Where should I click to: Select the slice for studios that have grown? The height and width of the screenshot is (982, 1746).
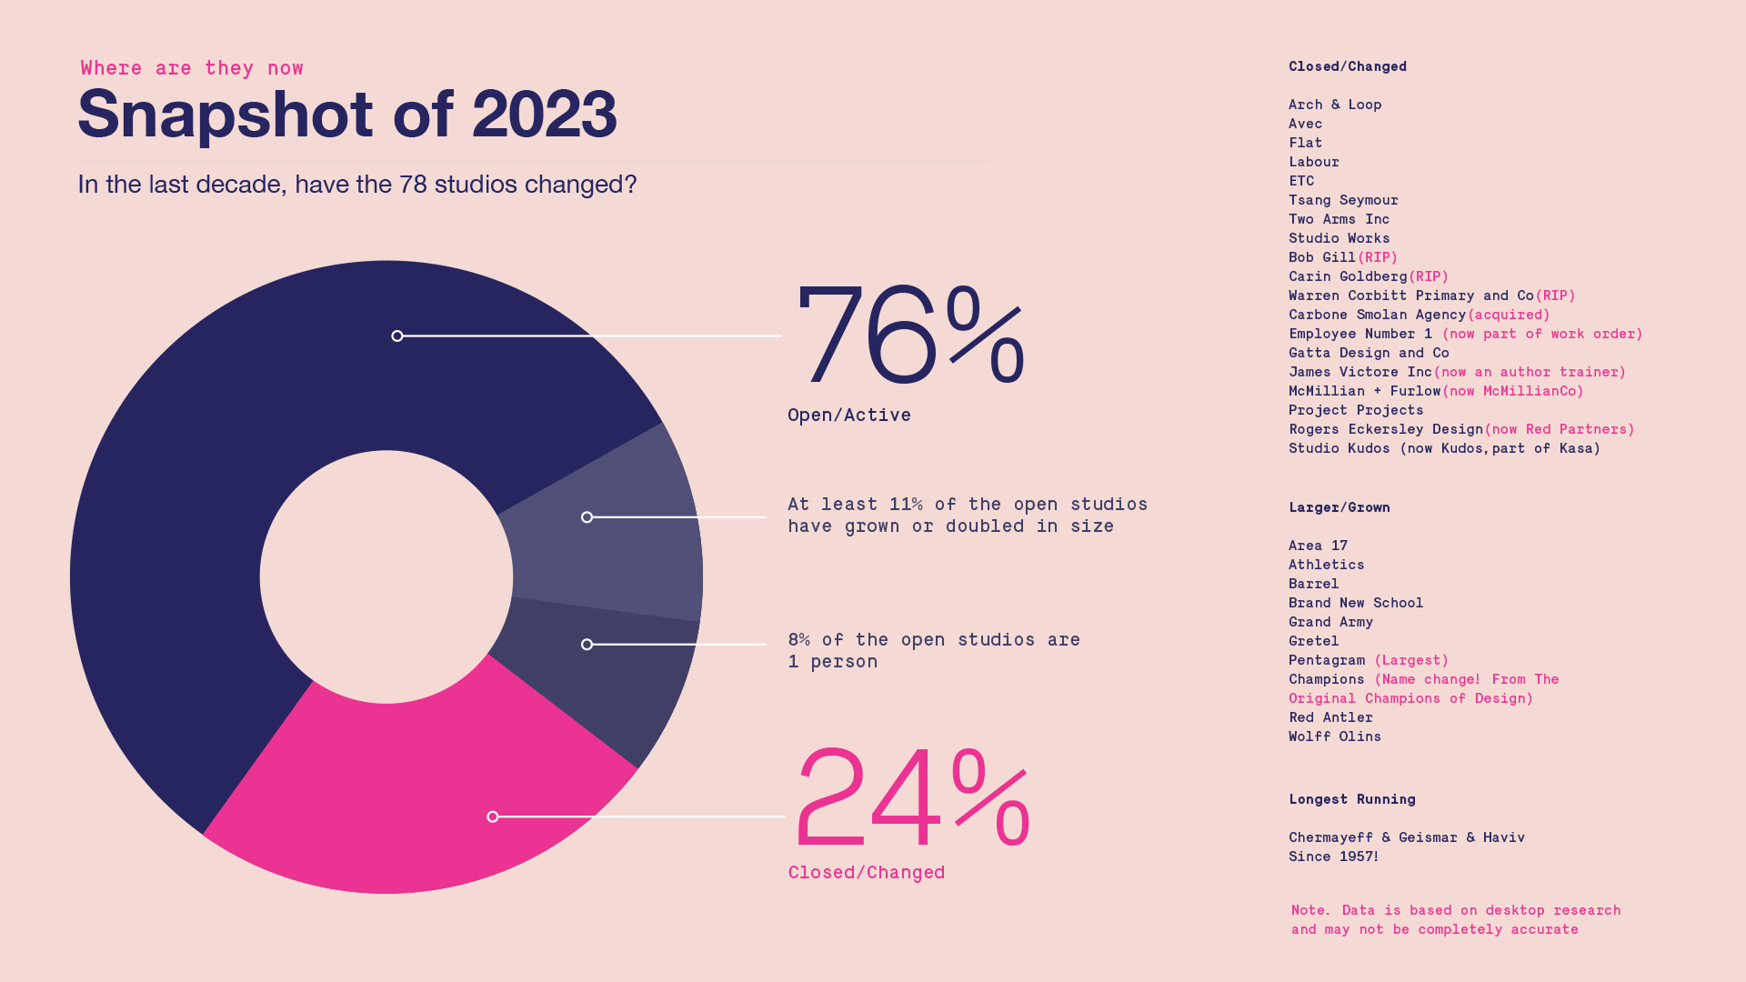coord(618,536)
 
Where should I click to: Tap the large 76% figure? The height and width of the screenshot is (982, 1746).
coord(909,336)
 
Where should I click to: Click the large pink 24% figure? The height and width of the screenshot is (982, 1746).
coord(912,797)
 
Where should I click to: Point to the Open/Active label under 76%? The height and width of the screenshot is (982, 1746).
coord(849,416)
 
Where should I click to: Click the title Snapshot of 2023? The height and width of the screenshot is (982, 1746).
coord(347,115)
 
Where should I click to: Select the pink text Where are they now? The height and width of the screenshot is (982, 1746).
coord(192,68)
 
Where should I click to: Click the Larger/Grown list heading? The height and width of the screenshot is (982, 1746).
coord(1339,507)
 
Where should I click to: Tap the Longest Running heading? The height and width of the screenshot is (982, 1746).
coord(1351,799)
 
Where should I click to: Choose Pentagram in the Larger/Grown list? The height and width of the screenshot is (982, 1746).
coord(1327,660)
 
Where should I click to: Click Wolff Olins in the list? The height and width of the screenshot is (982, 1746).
coord(1334,736)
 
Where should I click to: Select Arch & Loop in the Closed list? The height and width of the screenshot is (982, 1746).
coord(1334,105)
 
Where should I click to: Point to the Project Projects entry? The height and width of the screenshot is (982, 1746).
coord(1355,410)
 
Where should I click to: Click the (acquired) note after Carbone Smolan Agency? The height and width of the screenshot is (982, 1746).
coord(1508,315)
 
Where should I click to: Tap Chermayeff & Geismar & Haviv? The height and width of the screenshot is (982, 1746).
coord(1406,837)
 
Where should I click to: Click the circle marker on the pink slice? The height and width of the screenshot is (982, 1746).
coord(493,817)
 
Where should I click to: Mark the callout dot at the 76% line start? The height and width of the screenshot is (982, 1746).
coord(397,336)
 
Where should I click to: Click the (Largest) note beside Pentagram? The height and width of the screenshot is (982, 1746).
coord(1410,660)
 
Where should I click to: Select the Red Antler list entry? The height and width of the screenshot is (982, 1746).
coord(1330,717)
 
